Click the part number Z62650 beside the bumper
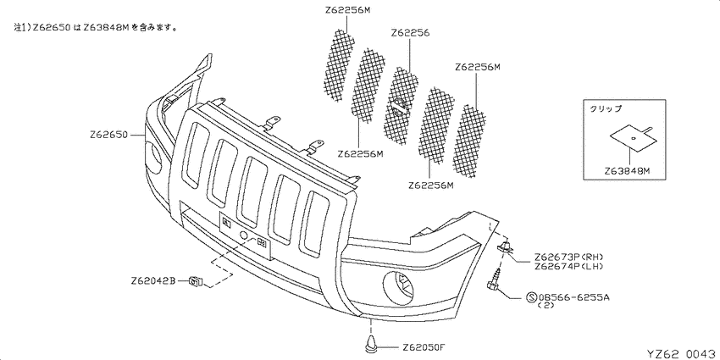108,135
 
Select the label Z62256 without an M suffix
410,33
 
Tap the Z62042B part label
153,280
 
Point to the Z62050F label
423,346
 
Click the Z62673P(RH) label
568,257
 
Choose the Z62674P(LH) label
568,266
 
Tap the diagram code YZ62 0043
681,353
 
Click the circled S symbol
532,297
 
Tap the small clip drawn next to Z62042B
197,280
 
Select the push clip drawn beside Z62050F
370,345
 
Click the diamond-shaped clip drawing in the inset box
632,137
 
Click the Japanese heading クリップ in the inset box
605,108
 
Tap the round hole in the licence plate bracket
245,236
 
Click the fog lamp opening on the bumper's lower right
400,287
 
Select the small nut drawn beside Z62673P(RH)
506,247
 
